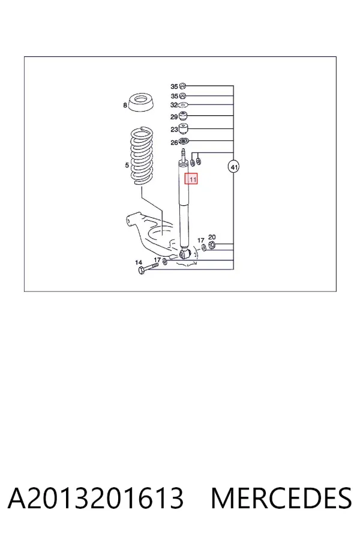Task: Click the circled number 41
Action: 234,167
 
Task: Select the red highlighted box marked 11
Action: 191,179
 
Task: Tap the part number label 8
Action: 125,104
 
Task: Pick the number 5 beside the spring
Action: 127,166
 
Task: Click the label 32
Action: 174,104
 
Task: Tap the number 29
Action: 174,117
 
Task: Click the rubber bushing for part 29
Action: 184,115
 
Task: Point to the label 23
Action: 175,130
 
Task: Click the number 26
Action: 175,143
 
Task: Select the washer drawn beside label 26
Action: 184,141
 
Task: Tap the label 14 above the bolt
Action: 139,262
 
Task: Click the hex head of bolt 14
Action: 141,271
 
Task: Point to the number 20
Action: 212,237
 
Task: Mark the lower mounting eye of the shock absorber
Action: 185,254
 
